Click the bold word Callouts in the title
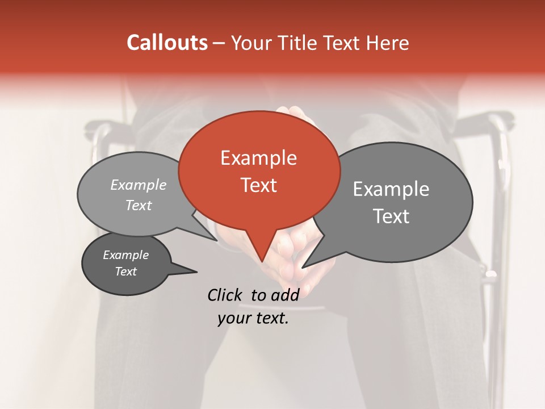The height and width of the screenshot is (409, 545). click(x=167, y=43)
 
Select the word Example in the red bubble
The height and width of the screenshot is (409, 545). click(x=258, y=158)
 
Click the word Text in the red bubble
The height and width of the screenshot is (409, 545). click(x=259, y=185)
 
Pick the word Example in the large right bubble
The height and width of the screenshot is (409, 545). click(x=391, y=189)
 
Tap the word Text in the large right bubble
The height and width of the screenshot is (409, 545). click(x=391, y=216)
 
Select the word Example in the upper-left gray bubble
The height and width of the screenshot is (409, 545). click(x=139, y=185)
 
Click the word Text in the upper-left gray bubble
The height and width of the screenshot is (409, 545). click(x=139, y=205)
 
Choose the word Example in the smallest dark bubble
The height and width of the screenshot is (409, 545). click(x=125, y=255)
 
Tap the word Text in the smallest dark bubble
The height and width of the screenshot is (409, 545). click(x=125, y=272)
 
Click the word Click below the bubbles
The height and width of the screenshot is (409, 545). click(x=226, y=295)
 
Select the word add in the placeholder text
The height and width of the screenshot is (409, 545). click(x=285, y=295)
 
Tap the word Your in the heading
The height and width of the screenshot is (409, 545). click(x=251, y=43)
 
